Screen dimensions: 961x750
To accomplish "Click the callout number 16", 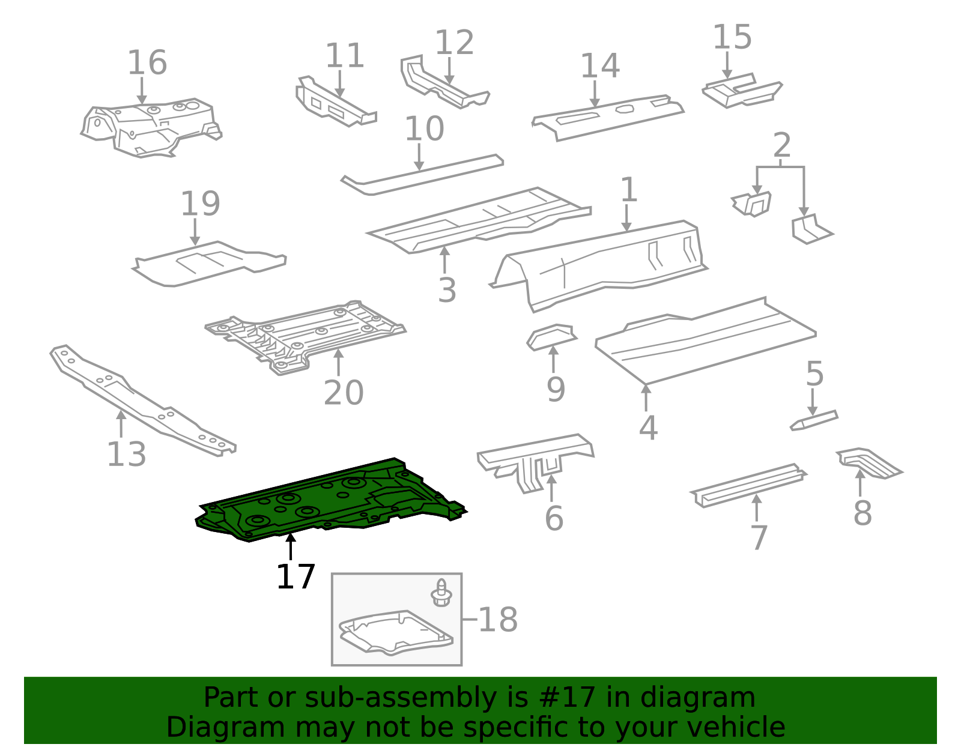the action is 147,62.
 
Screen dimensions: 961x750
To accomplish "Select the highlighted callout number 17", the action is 296,576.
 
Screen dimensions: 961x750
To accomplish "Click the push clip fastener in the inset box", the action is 441,593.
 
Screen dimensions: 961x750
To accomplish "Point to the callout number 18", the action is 498,620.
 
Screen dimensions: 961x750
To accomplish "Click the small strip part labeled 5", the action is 814,420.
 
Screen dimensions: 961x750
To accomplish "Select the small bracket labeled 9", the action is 551,337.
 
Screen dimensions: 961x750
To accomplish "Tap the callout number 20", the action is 344,393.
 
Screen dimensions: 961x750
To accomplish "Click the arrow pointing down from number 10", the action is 419,157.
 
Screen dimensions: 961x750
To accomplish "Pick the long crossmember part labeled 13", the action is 142,400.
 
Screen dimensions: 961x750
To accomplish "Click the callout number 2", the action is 782,145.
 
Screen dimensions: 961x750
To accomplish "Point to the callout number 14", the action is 599,66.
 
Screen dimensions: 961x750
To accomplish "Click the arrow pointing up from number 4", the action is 646,398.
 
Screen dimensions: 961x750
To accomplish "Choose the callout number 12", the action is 455,43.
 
